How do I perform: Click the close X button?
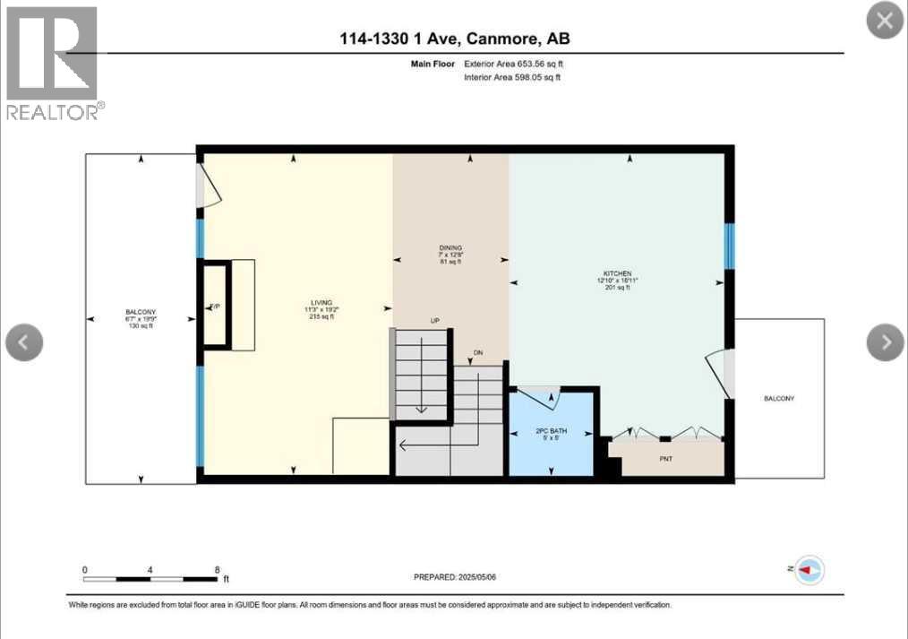coord(884,22)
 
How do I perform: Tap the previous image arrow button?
coord(24,341)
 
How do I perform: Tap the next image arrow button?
coord(886,341)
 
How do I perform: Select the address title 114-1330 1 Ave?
coord(454,39)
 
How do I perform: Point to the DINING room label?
coord(450,247)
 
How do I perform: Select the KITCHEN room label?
coord(617,273)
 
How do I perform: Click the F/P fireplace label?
coord(215,307)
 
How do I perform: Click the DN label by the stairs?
coord(478,353)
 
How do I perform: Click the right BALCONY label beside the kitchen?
coord(778,399)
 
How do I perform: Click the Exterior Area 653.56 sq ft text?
coord(513,65)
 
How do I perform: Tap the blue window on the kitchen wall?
coord(729,246)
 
